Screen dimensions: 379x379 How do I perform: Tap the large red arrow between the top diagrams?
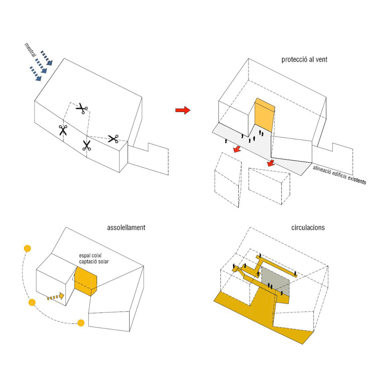click(183, 110)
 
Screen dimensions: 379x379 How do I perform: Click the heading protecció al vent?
click(304, 59)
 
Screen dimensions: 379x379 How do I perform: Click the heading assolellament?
click(126, 227)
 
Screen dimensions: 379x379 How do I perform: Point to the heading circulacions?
click(308, 227)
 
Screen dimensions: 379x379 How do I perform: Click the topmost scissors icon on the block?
click(81, 109)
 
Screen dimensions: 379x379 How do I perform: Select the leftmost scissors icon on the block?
click(63, 130)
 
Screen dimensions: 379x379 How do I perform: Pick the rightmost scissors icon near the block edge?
click(113, 139)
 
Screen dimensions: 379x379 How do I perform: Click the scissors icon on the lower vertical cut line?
click(86, 146)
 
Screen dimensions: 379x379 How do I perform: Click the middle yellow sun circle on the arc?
click(32, 302)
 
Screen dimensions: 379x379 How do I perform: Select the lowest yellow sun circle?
click(81, 323)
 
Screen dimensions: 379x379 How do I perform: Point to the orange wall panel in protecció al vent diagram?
click(264, 114)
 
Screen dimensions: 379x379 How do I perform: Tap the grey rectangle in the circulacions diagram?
click(275, 280)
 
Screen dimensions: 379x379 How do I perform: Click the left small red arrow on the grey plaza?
click(237, 149)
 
